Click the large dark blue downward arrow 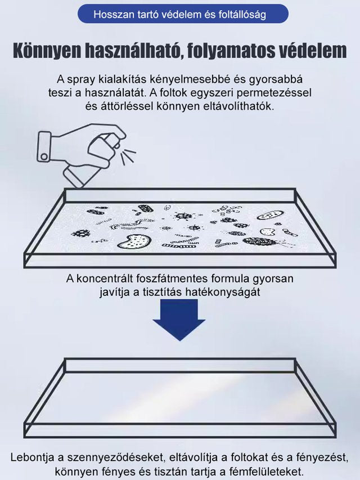(x=179, y=319)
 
